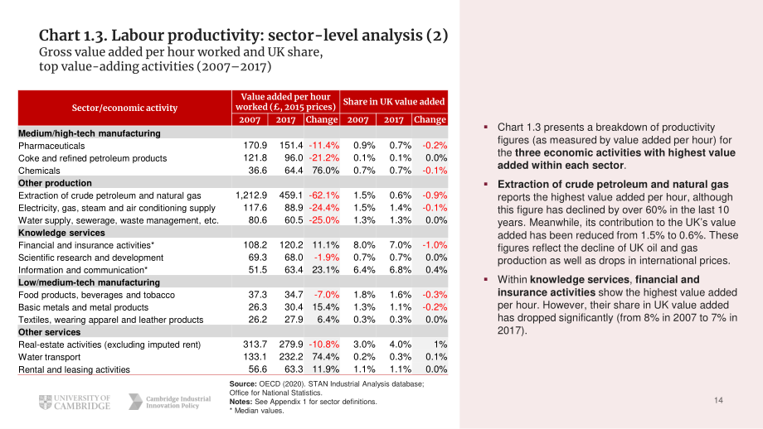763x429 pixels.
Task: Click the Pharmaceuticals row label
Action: click(51, 146)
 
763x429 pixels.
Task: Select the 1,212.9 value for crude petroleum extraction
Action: click(251, 195)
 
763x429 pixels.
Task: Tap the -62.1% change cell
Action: click(323, 195)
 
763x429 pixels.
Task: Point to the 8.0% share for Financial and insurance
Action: click(364, 245)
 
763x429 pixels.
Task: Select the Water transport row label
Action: click(49, 357)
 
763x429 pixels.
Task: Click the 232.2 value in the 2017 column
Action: click(291, 357)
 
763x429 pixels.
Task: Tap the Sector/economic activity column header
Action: click(124, 108)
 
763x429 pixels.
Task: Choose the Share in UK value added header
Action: click(394, 102)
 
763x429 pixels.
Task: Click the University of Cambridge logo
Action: click(75, 402)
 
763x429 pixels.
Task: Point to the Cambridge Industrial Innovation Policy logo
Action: click(169, 402)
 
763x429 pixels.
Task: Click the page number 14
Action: click(718, 400)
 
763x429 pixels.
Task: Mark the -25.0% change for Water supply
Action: click(323, 220)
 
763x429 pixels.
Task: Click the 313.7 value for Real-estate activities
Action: click(255, 345)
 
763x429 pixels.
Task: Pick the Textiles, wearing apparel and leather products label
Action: click(110, 320)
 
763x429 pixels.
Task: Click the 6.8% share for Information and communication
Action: click(400, 270)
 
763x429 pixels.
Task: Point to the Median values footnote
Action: click(256, 411)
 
